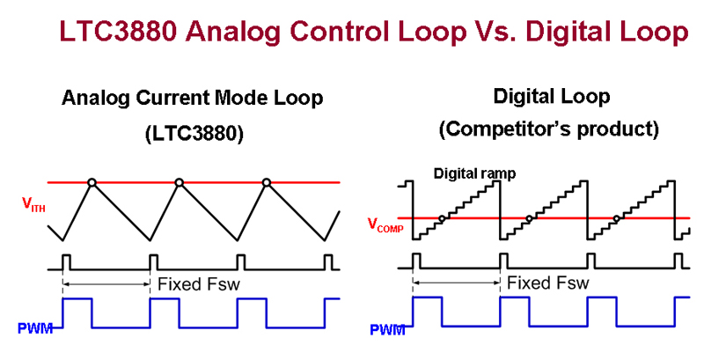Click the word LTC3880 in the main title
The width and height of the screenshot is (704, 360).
click(x=118, y=32)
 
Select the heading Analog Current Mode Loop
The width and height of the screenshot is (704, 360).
click(x=192, y=99)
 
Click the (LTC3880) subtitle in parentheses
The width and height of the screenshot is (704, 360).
click(x=194, y=133)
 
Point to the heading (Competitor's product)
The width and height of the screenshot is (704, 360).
click(x=548, y=129)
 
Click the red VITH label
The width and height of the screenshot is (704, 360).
click(x=34, y=204)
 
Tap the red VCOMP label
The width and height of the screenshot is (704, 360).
click(x=385, y=224)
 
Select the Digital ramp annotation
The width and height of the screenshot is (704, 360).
click(x=474, y=173)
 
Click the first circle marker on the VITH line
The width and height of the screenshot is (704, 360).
click(x=92, y=183)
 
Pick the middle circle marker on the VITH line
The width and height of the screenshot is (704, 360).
click(x=180, y=183)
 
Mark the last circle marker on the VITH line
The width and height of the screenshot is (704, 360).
click(x=267, y=183)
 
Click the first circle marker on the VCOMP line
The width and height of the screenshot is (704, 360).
click(x=442, y=218)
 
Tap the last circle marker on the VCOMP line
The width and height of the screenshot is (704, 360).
click(x=617, y=218)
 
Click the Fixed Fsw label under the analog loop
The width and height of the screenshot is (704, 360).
click(x=199, y=284)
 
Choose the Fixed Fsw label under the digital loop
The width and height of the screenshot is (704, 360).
click(x=547, y=283)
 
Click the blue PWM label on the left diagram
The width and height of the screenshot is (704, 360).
click(x=35, y=328)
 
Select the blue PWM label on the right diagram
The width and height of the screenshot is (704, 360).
click(x=387, y=330)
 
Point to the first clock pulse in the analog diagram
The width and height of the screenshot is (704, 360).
click(x=67, y=262)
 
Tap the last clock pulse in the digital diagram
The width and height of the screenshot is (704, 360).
click(x=678, y=261)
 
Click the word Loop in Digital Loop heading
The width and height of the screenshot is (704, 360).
click(x=587, y=97)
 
